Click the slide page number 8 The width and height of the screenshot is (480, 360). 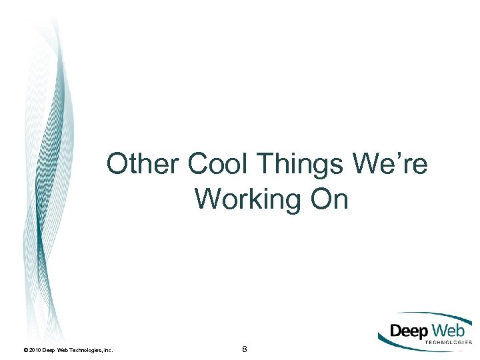coord(245,349)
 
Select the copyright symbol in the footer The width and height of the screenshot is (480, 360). coord(25,349)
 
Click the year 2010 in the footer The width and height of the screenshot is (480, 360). coord(35,349)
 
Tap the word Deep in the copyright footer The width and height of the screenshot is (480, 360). coord(49,349)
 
